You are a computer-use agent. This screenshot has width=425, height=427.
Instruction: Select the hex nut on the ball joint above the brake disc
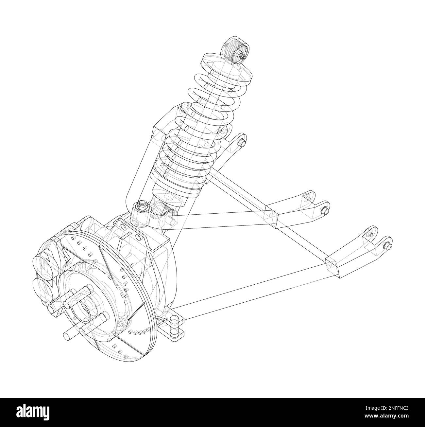click(143, 205)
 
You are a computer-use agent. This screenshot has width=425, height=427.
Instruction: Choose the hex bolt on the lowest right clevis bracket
click(386, 246)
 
